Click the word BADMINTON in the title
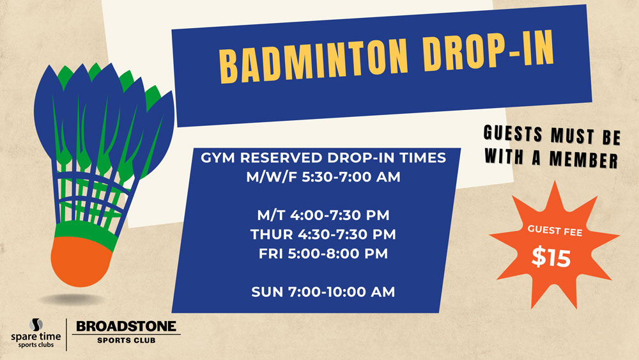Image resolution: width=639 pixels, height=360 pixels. click(x=313, y=60)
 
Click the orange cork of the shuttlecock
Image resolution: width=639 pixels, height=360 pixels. click(x=81, y=261)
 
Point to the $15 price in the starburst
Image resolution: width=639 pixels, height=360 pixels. click(x=551, y=257)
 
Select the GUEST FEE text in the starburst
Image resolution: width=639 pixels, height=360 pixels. click(x=555, y=230)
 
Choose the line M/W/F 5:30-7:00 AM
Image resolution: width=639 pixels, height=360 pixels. click(x=323, y=177)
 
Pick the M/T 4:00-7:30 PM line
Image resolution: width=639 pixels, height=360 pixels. click(x=323, y=215)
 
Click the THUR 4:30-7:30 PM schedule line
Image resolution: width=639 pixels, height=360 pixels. click(x=323, y=235)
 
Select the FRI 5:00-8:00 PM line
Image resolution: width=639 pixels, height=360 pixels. click(x=323, y=254)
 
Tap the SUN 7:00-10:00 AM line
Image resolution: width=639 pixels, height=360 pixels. click(x=323, y=292)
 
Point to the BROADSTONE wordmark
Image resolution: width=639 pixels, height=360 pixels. click(x=127, y=326)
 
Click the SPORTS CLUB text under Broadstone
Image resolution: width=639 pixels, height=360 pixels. click(x=127, y=340)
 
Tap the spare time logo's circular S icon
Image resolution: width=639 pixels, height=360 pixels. click(x=36, y=325)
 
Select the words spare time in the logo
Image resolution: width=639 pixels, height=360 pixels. click(x=36, y=337)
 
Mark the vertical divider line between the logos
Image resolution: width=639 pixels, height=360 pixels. click(x=66, y=334)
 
